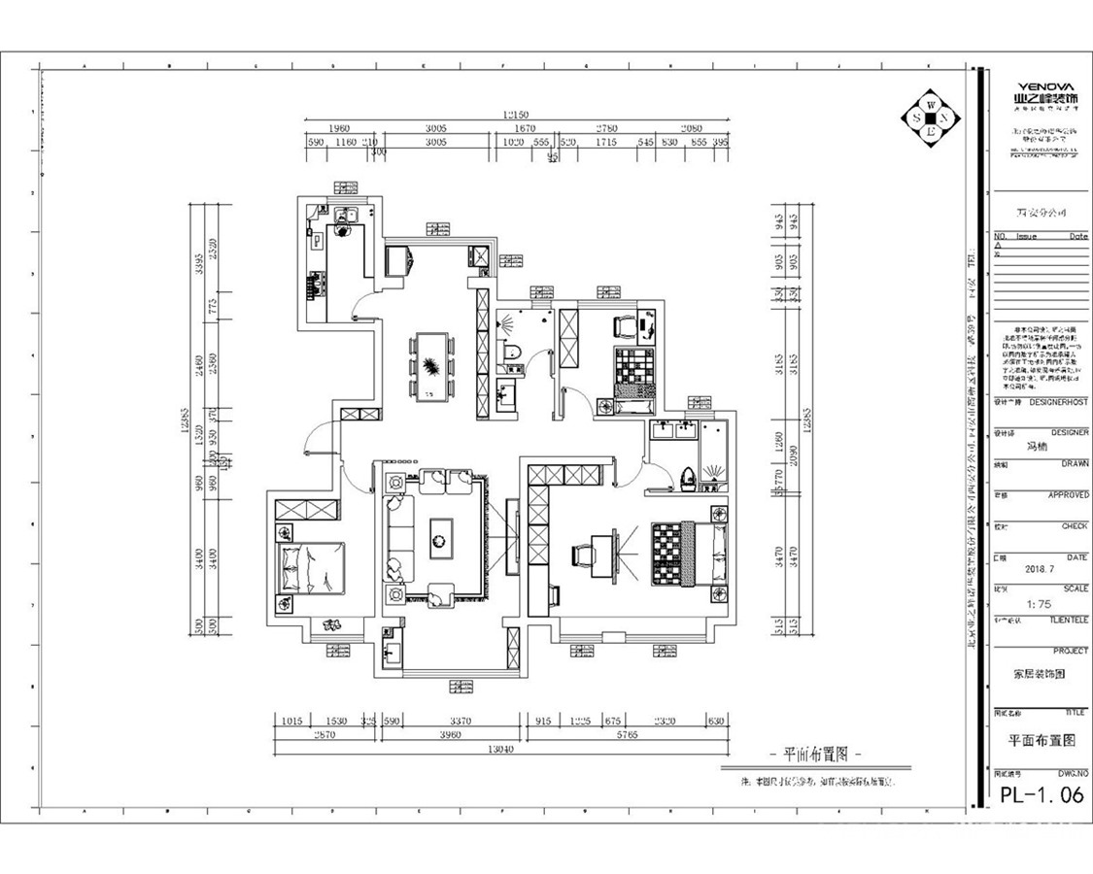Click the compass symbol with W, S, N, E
tap(930, 118)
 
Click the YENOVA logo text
tap(1045, 85)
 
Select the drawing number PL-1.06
tap(1042, 795)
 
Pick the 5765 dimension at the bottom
tap(627, 736)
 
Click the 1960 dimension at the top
tap(338, 128)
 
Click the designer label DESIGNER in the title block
tap(1069, 432)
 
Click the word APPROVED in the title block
tap(1067, 495)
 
